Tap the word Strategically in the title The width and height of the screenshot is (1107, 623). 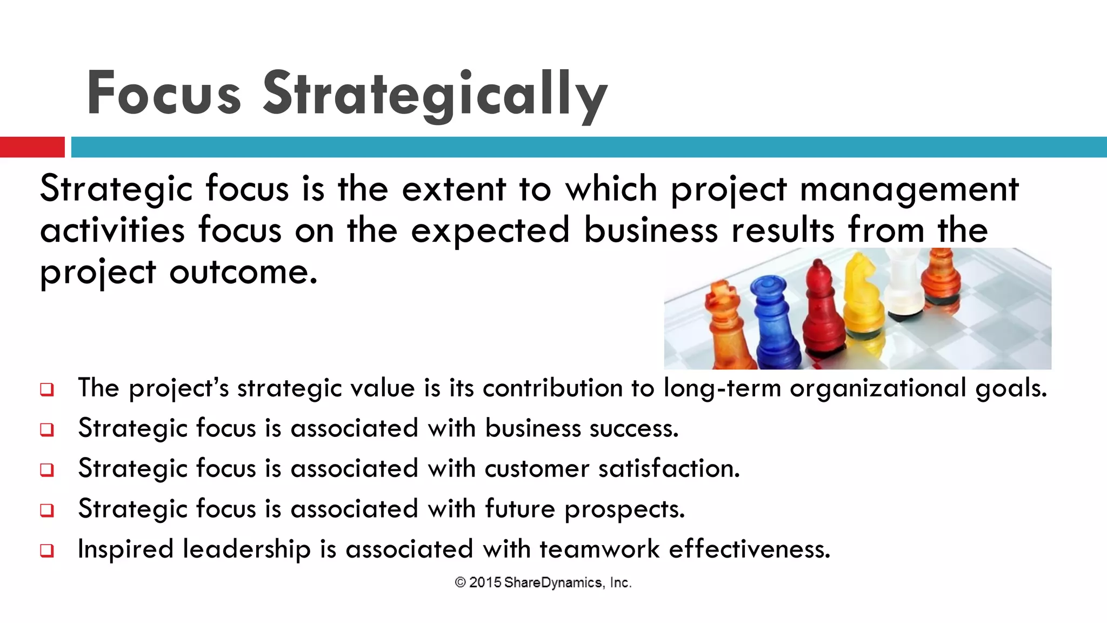[x=435, y=94]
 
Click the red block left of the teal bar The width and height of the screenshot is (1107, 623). [x=32, y=147]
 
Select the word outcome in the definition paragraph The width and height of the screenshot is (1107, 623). [x=243, y=271]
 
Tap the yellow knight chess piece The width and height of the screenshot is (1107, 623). [x=863, y=295]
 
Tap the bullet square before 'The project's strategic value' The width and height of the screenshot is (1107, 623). [x=47, y=389]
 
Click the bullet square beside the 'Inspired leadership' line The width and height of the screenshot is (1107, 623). [x=47, y=551]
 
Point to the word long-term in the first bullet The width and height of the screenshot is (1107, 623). [x=722, y=388]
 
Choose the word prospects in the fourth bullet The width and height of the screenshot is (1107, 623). [x=624, y=509]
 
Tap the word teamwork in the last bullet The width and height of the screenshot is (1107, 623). [x=599, y=549]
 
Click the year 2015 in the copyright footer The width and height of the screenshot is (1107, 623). [x=485, y=582]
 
